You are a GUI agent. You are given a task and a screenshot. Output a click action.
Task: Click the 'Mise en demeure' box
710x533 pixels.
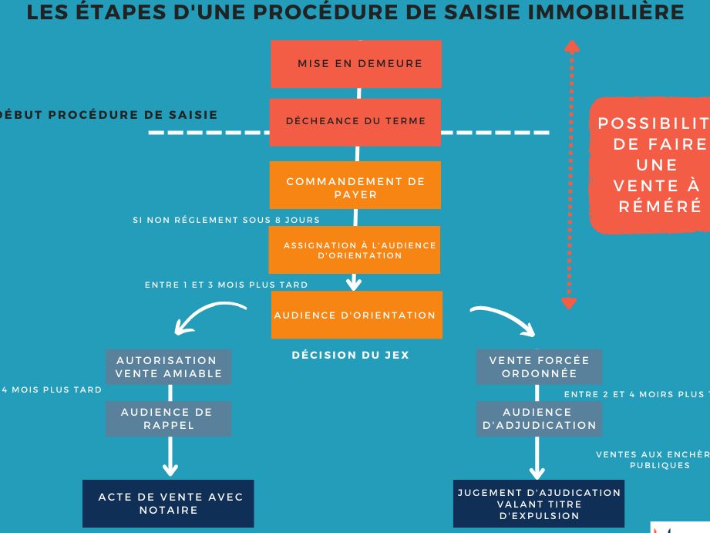[x=356, y=64]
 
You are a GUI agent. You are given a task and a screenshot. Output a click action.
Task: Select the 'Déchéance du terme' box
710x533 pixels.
[x=355, y=121]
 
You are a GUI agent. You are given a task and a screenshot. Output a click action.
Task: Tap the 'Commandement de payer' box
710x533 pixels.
[x=355, y=185]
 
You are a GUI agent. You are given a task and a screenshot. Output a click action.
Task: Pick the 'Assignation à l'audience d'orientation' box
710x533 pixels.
[x=355, y=250]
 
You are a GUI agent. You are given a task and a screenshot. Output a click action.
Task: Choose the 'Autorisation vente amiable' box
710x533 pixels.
[x=168, y=366]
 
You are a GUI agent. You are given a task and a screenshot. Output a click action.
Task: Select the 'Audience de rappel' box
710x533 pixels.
[x=168, y=419]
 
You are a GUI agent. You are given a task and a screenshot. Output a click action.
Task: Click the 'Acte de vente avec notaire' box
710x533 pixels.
[x=168, y=504]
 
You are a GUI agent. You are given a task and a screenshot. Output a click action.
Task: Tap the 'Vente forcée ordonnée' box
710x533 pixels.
[x=538, y=366]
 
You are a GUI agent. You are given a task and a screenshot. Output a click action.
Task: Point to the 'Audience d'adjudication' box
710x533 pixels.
[x=538, y=419]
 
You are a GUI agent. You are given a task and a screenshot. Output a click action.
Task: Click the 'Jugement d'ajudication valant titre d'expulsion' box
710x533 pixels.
[x=538, y=504]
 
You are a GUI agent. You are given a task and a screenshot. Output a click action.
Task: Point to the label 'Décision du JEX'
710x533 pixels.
[x=350, y=356]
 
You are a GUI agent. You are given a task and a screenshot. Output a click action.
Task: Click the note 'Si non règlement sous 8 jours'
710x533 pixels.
[x=226, y=220]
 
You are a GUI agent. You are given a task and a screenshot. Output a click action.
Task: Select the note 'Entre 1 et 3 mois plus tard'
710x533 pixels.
[x=226, y=285]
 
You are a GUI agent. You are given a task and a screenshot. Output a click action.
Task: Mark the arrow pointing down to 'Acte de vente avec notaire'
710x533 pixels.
[x=170, y=459]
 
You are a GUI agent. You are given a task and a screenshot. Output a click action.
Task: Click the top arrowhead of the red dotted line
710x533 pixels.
[x=571, y=46]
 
